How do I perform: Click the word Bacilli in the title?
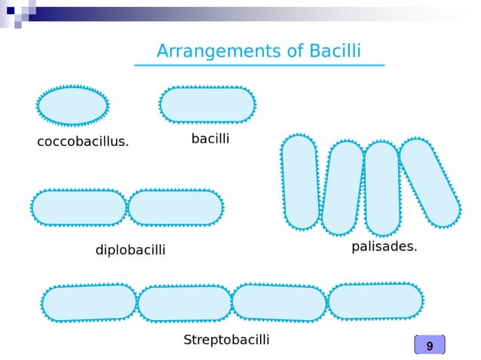334,51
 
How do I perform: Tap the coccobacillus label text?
83,142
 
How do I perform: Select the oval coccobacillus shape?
72,105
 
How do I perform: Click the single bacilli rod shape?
207,105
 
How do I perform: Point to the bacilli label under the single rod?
210,139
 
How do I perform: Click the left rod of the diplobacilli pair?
78,207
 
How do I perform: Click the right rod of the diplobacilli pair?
176,207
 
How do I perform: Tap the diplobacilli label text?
130,250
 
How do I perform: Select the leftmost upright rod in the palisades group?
301,182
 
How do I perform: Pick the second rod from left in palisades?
343,188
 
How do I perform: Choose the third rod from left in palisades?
382,188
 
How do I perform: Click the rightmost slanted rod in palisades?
430,182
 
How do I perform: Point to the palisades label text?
384,246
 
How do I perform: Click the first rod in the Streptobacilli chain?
89,303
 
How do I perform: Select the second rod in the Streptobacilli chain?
185,304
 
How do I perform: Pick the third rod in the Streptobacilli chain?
279,302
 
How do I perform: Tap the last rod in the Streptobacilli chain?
375,301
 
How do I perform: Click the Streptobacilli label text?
226,340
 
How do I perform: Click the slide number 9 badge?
430,346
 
